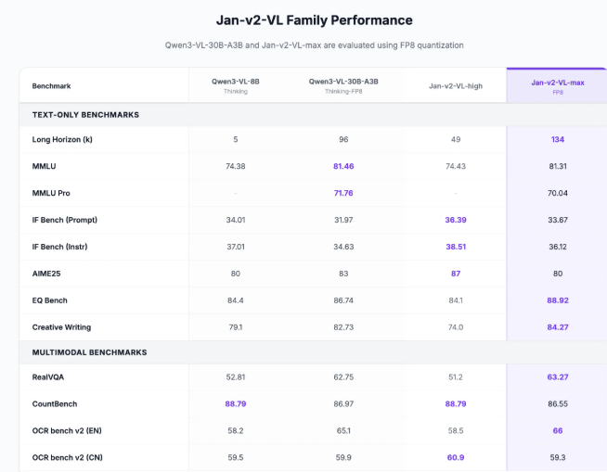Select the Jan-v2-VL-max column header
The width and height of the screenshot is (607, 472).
pos(557,83)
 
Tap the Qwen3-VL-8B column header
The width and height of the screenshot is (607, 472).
pos(236,82)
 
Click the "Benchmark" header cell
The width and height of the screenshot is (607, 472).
pos(51,85)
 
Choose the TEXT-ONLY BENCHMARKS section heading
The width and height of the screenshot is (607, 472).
pos(85,114)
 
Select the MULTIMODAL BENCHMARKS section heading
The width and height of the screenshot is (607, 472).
pos(89,352)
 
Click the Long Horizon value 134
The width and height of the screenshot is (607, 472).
pos(557,139)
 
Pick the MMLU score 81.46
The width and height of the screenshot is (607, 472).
pos(343,166)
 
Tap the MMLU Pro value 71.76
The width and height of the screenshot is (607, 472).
pos(343,193)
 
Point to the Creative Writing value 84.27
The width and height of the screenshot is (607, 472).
pos(557,327)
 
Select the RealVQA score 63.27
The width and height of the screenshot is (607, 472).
pos(557,377)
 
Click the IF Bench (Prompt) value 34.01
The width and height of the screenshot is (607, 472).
pos(236,220)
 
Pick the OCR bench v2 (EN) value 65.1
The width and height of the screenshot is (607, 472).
pos(343,431)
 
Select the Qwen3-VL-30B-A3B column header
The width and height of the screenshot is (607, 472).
pos(343,82)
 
